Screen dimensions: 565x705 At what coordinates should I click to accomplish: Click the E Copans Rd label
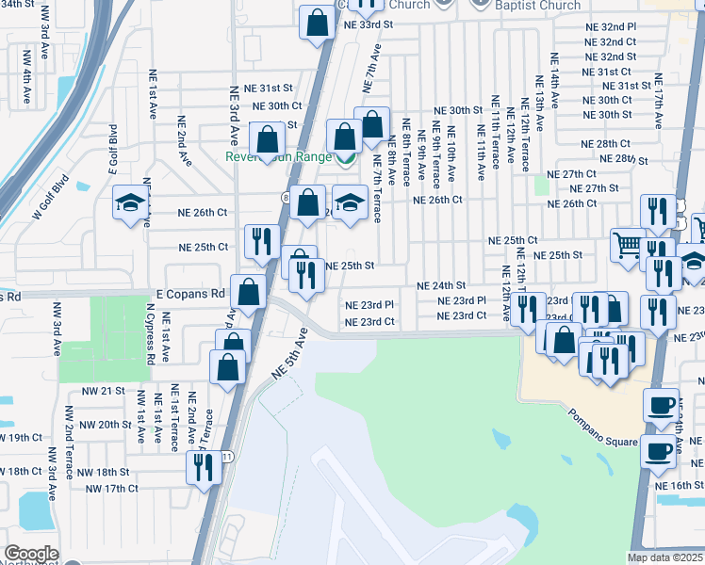pyautogui.click(x=187, y=294)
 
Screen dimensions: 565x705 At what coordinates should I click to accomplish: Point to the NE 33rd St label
pyautogui.click(x=369, y=24)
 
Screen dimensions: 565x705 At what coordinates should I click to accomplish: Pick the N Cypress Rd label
pyautogui.click(x=150, y=333)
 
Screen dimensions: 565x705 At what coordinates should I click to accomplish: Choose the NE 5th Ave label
pyautogui.click(x=289, y=354)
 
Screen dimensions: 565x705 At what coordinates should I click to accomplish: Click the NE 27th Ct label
pyautogui.click(x=573, y=174)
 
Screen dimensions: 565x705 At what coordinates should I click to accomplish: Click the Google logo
pyautogui.click(x=31, y=554)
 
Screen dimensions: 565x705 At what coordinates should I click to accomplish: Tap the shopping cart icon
pyautogui.click(x=626, y=245)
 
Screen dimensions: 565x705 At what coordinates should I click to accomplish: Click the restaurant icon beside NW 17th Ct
pyautogui.click(x=202, y=466)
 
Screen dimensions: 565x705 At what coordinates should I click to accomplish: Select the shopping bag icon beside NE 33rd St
pyautogui.click(x=318, y=21)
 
